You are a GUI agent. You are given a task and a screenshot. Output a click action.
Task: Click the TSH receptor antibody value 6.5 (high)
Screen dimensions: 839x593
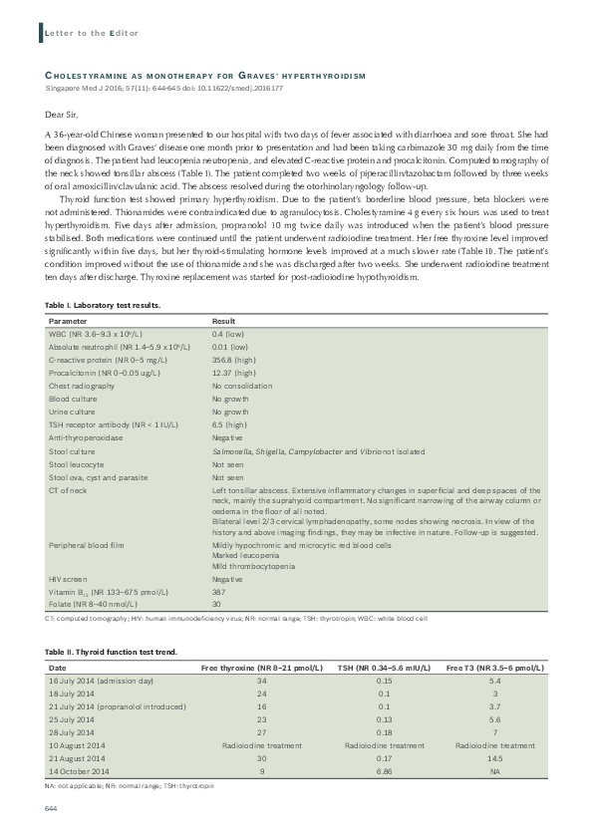point(231,424)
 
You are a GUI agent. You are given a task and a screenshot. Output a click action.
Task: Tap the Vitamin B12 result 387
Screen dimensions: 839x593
point(219,591)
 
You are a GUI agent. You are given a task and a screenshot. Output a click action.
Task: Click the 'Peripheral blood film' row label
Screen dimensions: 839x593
point(86,546)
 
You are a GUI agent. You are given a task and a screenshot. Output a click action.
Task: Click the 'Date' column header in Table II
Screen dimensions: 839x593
point(58,667)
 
